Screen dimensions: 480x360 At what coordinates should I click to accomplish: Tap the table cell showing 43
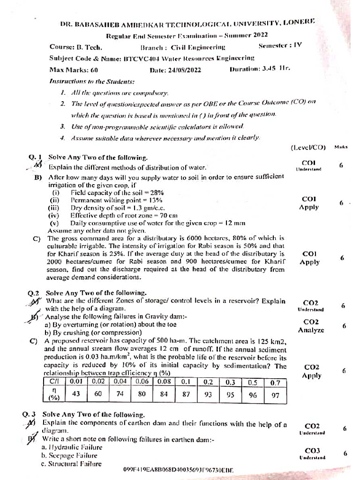[x=76, y=394]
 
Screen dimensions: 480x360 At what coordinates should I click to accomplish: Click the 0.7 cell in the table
[x=275, y=382]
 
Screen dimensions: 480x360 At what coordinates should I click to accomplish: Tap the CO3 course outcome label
[x=312, y=450]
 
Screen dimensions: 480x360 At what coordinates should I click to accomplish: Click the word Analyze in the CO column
[x=311, y=330]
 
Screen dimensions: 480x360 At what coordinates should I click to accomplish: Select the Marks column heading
[x=341, y=147]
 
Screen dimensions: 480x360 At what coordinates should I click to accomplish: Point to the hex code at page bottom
[x=179, y=469]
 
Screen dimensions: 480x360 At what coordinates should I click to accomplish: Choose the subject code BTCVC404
[x=139, y=58]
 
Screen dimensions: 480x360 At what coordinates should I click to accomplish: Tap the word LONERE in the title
[x=300, y=22]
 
